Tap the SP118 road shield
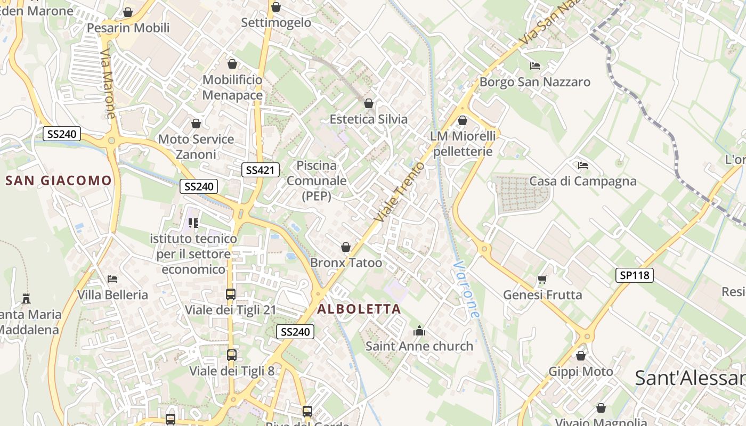click(635, 275)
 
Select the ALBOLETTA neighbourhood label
click(359, 309)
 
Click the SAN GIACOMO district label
click(59, 181)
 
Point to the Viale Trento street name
click(400, 192)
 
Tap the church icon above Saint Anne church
click(419, 331)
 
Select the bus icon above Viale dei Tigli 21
click(231, 294)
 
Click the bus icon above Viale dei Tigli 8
click(232, 355)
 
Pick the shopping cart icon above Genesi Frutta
click(542, 279)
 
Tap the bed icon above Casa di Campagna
click(582, 165)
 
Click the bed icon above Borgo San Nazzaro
click(535, 66)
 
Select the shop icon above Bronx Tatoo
click(346, 247)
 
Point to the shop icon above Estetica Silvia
click(368, 103)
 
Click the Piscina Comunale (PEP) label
click(317, 181)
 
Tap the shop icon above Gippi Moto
click(581, 356)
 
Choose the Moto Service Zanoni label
click(196, 146)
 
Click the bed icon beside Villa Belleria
click(112, 278)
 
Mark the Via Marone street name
click(108, 84)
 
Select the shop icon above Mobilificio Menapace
click(232, 64)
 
